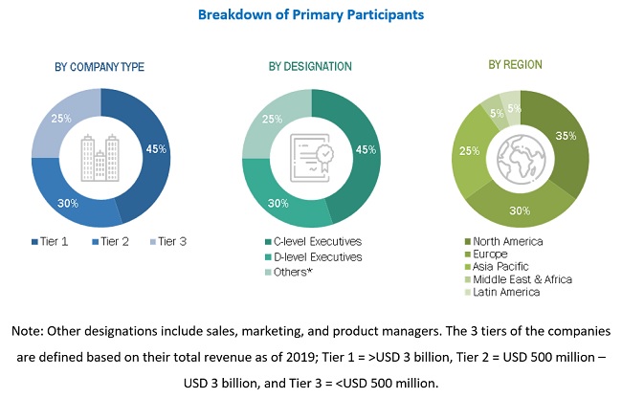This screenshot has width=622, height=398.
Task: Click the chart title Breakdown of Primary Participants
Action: click(x=311, y=15)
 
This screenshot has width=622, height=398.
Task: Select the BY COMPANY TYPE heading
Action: click(x=100, y=67)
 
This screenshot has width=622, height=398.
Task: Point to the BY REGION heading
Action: click(x=515, y=65)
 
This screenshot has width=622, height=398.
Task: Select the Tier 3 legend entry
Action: click(x=168, y=241)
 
